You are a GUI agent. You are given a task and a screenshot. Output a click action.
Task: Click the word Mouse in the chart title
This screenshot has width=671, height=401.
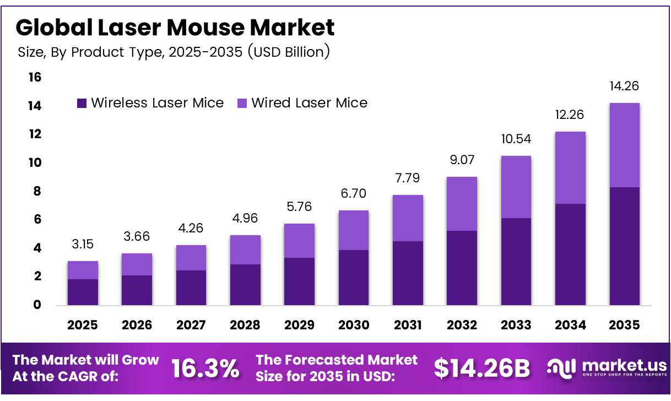[x=205, y=28]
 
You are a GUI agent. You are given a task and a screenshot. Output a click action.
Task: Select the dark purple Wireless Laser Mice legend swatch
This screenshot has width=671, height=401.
[x=82, y=104]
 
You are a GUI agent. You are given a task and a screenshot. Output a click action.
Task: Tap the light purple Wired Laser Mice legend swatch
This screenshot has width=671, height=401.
[x=242, y=104]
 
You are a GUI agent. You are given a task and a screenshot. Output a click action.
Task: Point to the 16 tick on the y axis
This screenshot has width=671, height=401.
[x=35, y=77]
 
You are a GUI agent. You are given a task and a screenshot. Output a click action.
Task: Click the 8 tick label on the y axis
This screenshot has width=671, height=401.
[x=37, y=191]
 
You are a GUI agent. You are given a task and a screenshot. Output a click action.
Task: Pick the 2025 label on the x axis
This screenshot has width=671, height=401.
[x=83, y=325]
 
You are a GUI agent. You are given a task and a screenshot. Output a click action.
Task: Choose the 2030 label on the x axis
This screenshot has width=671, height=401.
[x=354, y=325]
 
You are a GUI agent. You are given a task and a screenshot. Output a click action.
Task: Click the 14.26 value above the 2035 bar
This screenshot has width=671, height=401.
[x=624, y=86]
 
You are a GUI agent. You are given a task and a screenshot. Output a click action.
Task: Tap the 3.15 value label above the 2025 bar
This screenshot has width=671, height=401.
[x=83, y=244]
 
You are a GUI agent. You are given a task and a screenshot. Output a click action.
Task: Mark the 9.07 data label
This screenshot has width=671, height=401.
[x=462, y=160]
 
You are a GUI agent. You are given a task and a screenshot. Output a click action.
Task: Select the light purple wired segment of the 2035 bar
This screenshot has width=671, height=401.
[x=625, y=145]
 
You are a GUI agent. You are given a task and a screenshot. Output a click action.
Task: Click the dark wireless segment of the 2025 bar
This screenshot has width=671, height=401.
[x=83, y=292]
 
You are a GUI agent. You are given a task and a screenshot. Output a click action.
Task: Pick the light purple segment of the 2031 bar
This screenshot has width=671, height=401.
[x=408, y=218]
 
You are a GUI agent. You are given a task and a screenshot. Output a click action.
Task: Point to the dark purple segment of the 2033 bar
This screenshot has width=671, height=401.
[x=516, y=262]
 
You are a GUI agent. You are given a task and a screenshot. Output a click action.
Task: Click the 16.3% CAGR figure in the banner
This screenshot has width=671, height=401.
[x=205, y=369]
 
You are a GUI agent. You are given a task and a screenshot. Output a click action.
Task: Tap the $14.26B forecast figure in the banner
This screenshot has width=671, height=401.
[x=482, y=369]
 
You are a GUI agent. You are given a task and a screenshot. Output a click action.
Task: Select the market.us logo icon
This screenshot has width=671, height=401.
[x=561, y=369]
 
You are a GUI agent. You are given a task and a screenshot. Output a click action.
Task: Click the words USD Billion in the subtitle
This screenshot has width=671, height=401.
[x=289, y=52]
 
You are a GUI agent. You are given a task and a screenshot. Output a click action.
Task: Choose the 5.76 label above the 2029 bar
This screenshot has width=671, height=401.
[x=299, y=207]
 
